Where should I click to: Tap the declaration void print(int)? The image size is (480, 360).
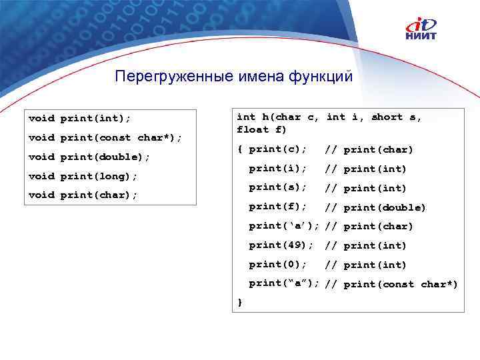tap(80, 119)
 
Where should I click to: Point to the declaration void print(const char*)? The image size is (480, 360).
tap(105, 138)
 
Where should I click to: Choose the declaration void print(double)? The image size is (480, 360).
tap(89, 157)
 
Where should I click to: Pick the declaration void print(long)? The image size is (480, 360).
tap(83, 177)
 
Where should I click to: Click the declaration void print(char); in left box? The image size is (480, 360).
tap(83, 195)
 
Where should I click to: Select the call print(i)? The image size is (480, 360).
tap(278, 168)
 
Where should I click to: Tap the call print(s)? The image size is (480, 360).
tap(278, 187)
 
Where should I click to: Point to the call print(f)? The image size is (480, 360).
tap(278, 207)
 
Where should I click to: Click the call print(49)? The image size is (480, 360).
tap(281, 245)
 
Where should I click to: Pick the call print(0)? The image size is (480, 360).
tap(278, 264)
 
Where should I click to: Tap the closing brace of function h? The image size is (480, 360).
tap(240, 303)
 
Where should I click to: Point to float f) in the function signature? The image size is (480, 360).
tap(253, 129)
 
